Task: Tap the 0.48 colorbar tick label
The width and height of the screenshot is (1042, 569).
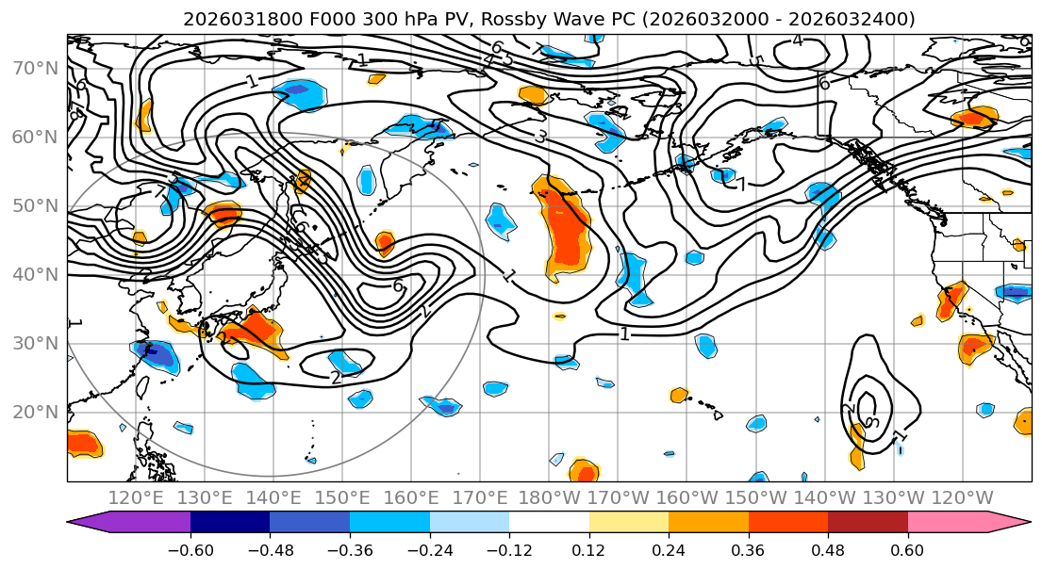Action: coord(827,548)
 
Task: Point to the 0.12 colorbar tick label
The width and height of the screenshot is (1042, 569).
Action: coord(588,548)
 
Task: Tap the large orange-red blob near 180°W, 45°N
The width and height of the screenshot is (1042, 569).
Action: coord(568,236)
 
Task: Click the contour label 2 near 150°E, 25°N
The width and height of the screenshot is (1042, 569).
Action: coord(335,377)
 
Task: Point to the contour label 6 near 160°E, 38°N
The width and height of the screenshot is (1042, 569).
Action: coord(397,285)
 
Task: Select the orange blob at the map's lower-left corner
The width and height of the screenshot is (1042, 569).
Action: coord(82,442)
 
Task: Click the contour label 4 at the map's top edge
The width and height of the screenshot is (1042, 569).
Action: coord(798,41)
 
